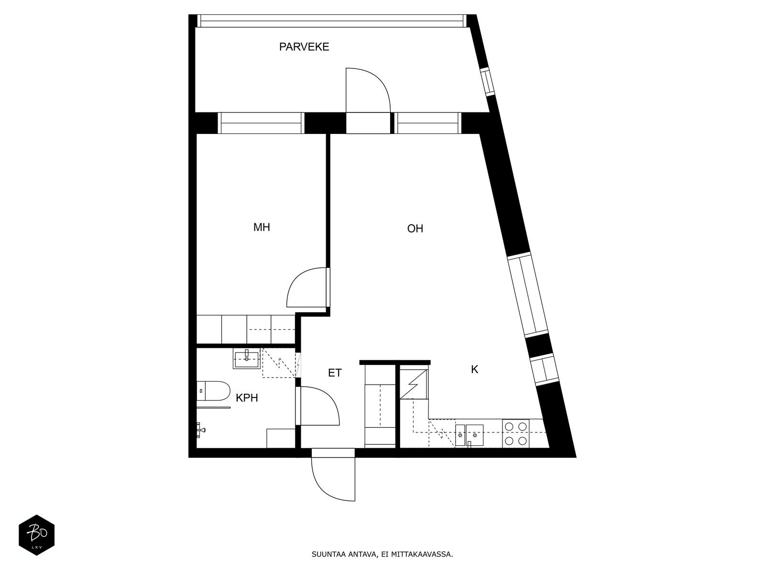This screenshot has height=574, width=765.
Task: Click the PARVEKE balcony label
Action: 304,47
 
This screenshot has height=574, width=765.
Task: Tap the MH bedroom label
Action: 262,227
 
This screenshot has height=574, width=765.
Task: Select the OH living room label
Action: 415,229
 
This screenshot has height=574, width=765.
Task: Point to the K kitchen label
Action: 474,369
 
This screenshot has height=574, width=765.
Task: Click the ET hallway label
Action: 335,373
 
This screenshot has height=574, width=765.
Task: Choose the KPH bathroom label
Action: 247,397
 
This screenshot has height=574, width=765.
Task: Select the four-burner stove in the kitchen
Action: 515,433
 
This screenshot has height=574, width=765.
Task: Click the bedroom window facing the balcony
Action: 261,123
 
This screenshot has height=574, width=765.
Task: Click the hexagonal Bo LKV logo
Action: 36,535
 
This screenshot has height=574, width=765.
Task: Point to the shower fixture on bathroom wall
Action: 201,430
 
